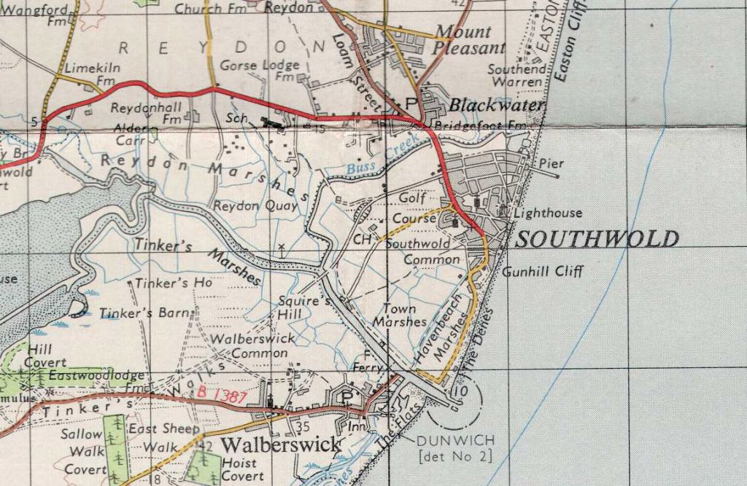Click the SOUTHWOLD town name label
[597, 239]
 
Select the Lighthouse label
[548, 213]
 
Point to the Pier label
[547, 163]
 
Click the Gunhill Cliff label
[543, 272]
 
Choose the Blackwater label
[497, 106]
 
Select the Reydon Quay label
[255, 206]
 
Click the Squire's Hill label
[295, 307]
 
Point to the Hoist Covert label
[242, 469]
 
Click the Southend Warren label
[516, 76]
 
